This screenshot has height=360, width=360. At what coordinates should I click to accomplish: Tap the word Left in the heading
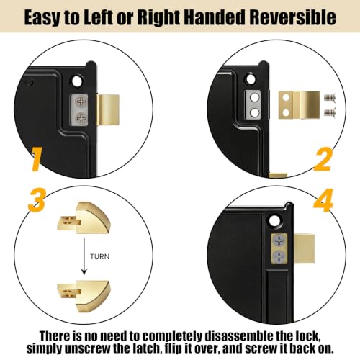[99, 17]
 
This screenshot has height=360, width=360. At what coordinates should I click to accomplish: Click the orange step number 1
[36, 159]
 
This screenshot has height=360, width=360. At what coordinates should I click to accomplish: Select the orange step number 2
[323, 159]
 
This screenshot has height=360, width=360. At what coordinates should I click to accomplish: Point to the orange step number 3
[37, 199]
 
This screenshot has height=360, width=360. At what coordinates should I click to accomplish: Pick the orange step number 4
[323, 200]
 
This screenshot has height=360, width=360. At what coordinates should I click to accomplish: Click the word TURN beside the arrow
[100, 256]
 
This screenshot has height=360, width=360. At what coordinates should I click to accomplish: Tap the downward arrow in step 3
[84, 256]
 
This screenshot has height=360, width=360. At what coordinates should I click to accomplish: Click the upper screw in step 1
[81, 102]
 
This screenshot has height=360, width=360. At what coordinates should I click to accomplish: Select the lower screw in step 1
[81, 118]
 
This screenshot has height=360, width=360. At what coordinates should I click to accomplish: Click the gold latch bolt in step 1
[108, 109]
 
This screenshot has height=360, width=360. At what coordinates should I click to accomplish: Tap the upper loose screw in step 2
[330, 97]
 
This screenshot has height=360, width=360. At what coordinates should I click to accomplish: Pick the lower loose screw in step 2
[330, 112]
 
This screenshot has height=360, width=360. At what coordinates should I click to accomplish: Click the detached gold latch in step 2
[299, 105]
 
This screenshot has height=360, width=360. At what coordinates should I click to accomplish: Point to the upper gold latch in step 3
[84, 218]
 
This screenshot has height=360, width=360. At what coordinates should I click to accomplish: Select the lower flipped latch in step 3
[84, 296]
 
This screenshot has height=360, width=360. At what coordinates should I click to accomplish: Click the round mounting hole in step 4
[274, 220]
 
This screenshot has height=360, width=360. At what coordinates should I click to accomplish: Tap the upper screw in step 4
[279, 240]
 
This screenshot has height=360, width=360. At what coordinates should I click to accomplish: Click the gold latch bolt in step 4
[305, 249]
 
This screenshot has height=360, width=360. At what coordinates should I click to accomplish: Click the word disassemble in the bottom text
[239, 336]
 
